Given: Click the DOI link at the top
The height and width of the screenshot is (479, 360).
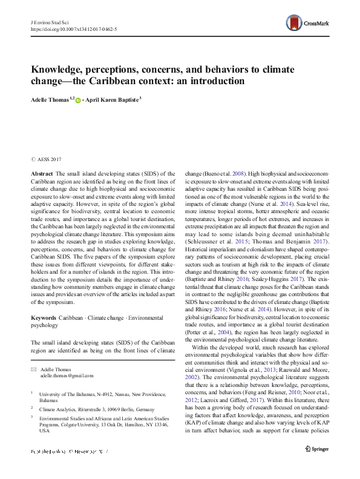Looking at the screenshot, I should point(73,28).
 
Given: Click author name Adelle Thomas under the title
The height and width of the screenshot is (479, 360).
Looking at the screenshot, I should point(50,99).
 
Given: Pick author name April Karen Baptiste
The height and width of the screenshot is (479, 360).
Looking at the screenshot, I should point(112,99).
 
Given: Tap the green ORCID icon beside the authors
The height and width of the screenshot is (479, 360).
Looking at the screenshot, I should point(79,99).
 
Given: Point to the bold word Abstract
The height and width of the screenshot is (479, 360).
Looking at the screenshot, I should point(42,173).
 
